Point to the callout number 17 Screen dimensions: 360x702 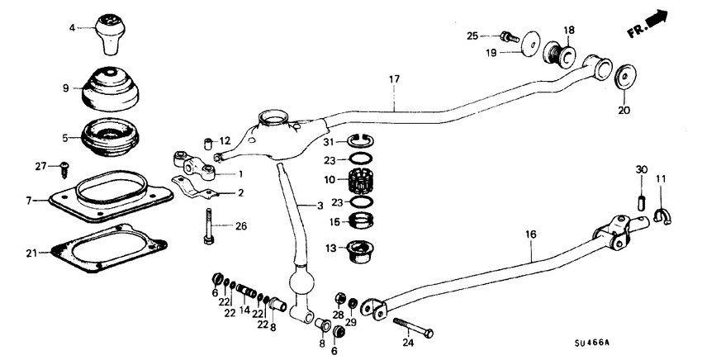click(394, 80)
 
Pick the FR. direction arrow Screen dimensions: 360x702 click(647, 22)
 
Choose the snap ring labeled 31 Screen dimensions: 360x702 click(361, 143)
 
